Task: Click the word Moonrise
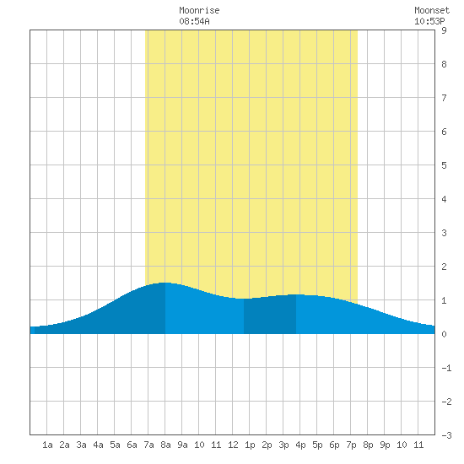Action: pos(199,10)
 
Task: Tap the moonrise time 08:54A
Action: pos(194,21)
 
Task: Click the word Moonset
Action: pos(432,10)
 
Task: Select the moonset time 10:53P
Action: pos(429,21)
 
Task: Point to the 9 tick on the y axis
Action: pos(444,30)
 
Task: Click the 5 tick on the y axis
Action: pos(444,165)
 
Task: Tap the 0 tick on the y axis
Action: pos(444,334)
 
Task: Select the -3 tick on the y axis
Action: pos(446,435)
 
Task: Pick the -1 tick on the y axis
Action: pos(446,368)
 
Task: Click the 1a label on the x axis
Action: pos(47,445)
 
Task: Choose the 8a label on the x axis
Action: pos(165,445)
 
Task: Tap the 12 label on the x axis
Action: pos(233,445)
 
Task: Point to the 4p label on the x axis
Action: pos(300,445)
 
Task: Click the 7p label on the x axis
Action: pos(351,445)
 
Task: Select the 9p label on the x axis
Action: pos(385,445)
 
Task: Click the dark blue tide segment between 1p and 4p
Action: pos(270,316)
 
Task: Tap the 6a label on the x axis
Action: pos(132,445)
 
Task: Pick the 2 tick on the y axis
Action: pos(444,267)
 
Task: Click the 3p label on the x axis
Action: pos(283,445)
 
